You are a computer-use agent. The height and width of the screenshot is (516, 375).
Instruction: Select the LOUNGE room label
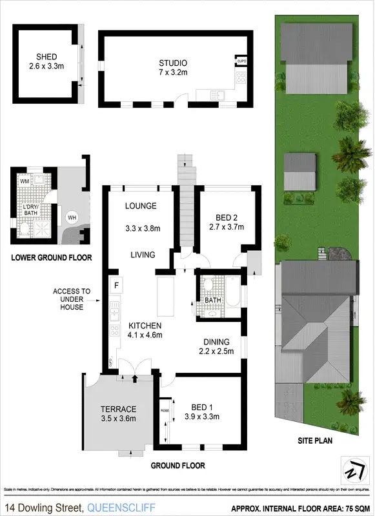(x=141, y=206)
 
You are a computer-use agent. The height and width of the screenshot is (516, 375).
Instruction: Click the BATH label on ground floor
(x=213, y=300)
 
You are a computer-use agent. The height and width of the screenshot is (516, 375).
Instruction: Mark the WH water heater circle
(x=72, y=217)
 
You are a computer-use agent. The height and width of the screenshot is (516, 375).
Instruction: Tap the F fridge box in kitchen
(x=117, y=284)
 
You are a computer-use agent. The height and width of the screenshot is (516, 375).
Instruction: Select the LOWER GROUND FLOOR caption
(x=51, y=257)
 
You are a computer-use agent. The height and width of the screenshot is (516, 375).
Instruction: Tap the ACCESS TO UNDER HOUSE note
(x=72, y=299)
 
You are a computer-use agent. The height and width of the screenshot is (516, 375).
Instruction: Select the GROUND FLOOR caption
(x=177, y=465)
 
